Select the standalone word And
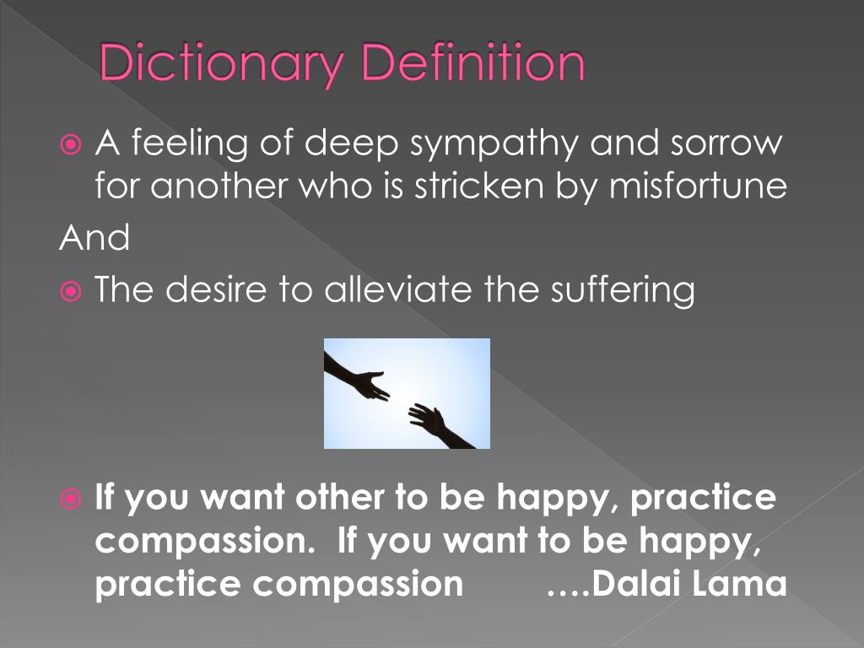pyautogui.click(x=94, y=239)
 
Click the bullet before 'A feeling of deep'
pyautogui.click(x=72, y=144)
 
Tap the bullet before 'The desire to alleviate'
pyautogui.click(x=72, y=292)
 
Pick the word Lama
pyautogui.click(x=747, y=584)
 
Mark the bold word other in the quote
pyautogui.click(x=337, y=498)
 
